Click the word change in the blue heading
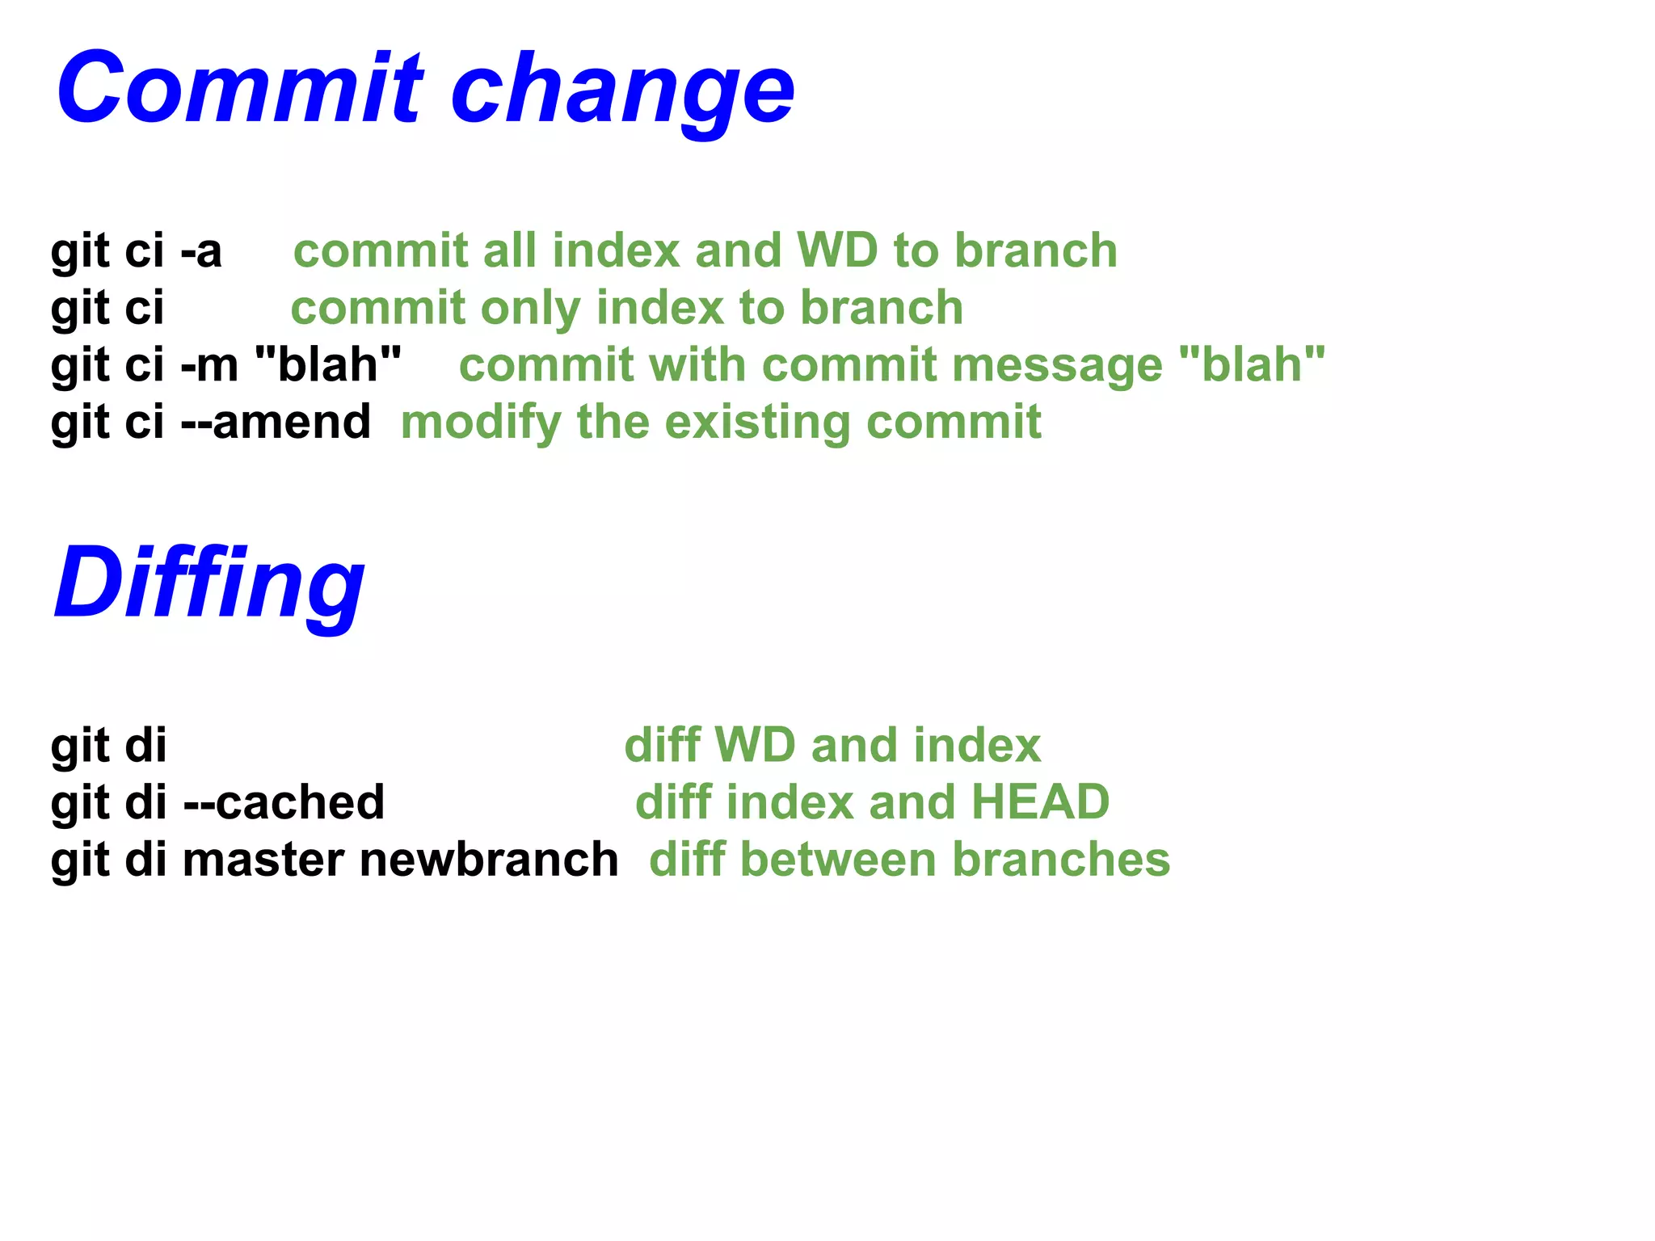pyautogui.click(x=622, y=90)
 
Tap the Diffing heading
pyautogui.click(x=208, y=583)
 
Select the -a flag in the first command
pyautogui.click(x=200, y=250)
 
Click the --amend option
pyautogui.click(x=276, y=422)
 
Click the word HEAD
pyautogui.click(x=1040, y=802)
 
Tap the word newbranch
pyautogui.click(x=489, y=859)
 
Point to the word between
pyautogui.click(x=838, y=859)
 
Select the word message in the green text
pyautogui.click(x=1057, y=365)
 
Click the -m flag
pyautogui.click(x=208, y=365)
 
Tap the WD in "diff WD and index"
pyautogui.click(x=756, y=745)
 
